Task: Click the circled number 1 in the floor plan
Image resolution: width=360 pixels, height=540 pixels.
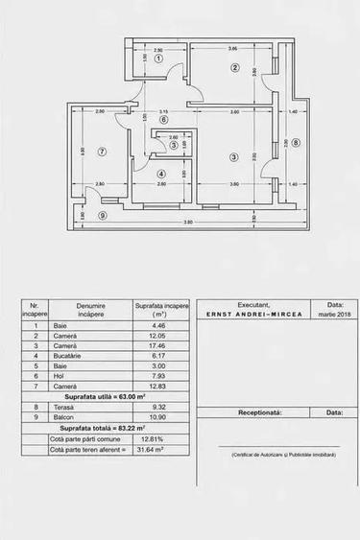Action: [x=159, y=59]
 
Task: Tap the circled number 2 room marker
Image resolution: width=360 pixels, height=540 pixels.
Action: [x=233, y=67]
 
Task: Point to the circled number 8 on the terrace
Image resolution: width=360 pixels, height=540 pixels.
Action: [x=296, y=143]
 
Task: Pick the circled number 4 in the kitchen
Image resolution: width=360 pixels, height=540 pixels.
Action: [x=162, y=173]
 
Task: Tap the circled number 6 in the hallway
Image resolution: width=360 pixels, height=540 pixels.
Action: [x=163, y=121]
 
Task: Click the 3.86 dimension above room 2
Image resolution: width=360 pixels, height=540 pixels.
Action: [x=232, y=49]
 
